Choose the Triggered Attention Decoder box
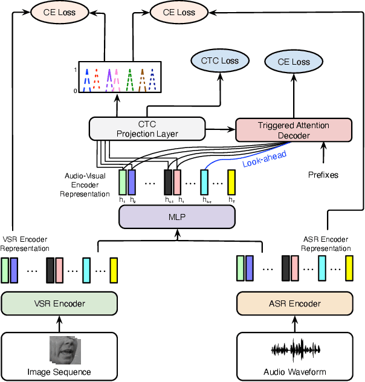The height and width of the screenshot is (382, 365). click(x=293, y=130)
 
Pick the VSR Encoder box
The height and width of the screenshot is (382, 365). click(x=59, y=303)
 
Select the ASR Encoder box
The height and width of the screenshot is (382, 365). click(x=294, y=303)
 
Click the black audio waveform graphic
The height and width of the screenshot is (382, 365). click(x=294, y=350)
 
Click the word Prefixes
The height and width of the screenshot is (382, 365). click(x=324, y=175)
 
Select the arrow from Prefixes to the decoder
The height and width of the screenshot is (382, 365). click(x=324, y=155)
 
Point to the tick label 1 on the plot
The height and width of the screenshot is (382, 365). click(x=76, y=70)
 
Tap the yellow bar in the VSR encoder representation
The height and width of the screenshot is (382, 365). click(x=114, y=270)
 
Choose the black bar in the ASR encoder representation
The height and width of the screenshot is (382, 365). click(x=285, y=268)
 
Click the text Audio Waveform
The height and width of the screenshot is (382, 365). click(x=294, y=371)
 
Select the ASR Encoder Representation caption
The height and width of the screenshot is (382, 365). click(x=326, y=244)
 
